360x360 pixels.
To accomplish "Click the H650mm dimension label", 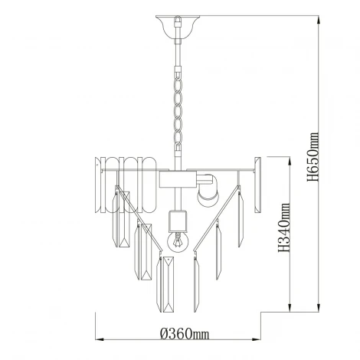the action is point(313,157).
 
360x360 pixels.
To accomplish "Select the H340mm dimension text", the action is point(284,227).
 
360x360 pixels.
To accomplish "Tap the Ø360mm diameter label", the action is point(185,334).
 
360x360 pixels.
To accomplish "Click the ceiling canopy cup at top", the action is point(178,28).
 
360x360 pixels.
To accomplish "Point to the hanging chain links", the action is point(178,109).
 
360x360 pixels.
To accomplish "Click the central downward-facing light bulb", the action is point(178,241).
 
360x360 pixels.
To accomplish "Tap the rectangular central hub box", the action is point(178,179).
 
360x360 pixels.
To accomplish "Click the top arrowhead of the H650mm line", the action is point(318,20).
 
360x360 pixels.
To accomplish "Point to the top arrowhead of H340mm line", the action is point(290,162).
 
